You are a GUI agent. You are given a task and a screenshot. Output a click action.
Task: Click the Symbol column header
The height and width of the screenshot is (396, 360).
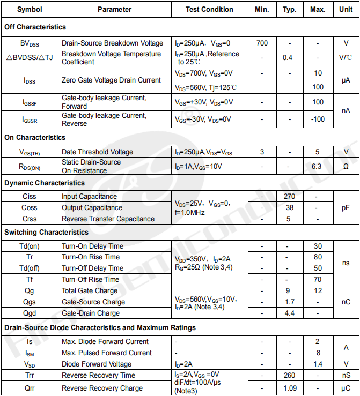29,9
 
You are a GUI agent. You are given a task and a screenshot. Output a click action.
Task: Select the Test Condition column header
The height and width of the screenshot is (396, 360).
209,9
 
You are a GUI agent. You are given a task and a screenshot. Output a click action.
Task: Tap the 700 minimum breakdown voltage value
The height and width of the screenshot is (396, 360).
262,43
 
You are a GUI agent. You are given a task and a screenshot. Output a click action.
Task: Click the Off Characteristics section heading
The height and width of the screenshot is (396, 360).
35,27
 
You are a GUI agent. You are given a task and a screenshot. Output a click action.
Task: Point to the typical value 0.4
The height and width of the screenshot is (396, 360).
288,57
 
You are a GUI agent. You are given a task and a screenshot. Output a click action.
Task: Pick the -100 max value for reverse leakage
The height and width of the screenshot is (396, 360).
318,119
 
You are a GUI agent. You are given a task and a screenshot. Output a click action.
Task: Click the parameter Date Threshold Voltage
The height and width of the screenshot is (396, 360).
97,152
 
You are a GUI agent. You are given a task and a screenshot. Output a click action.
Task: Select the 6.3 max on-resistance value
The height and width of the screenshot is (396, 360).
317,166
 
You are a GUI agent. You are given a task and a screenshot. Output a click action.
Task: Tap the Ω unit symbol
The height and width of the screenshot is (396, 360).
346,166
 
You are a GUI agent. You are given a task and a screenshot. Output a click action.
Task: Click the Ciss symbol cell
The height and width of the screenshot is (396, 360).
29,197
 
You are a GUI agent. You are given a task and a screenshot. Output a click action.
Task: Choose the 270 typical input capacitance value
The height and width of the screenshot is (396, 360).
290,197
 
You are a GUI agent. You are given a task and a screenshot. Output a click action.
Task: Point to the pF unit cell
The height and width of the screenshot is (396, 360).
346,207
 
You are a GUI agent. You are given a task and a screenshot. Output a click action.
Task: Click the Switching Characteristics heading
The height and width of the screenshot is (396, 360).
47,232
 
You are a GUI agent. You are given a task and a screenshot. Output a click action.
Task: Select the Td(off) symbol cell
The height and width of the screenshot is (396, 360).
29,268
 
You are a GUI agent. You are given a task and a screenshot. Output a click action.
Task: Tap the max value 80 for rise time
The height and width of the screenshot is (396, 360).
318,257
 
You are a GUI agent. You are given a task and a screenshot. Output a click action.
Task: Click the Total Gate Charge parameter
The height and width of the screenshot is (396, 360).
89,290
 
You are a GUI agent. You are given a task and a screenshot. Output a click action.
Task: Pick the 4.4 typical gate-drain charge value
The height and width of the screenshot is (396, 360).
290,313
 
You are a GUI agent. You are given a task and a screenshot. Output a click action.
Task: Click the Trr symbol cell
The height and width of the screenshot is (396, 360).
29,375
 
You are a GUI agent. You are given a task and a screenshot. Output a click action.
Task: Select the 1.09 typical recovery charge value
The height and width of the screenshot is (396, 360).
290,388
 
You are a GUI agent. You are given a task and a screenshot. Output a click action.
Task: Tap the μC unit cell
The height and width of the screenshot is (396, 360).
346,388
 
